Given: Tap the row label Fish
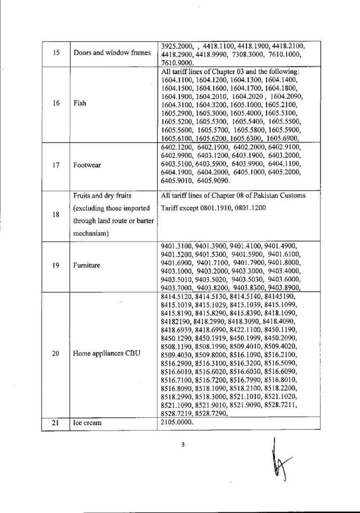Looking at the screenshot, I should pos(80,103).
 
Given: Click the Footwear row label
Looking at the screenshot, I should pos(87,166).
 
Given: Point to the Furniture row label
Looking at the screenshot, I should pos(87,265).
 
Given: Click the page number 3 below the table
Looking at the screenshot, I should pos(183,445).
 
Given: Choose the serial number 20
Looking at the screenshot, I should pos(56,354).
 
